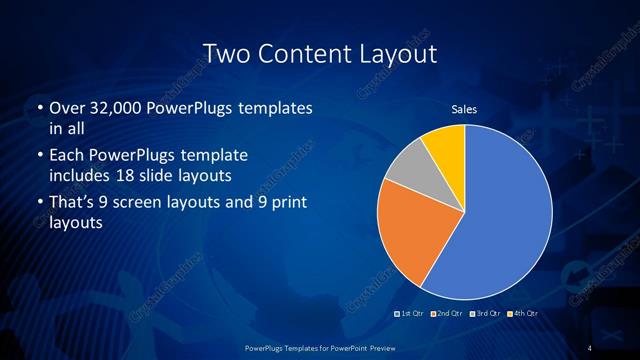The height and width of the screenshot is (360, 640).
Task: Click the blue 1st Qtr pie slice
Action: pos(500,220)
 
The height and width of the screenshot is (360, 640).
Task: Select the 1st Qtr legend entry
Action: pos(413,315)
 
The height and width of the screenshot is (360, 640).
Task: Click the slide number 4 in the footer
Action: pos(590,347)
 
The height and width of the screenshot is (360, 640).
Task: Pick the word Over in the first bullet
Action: pos(66,108)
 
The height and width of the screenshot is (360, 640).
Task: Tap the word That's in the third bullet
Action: pos(72,203)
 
